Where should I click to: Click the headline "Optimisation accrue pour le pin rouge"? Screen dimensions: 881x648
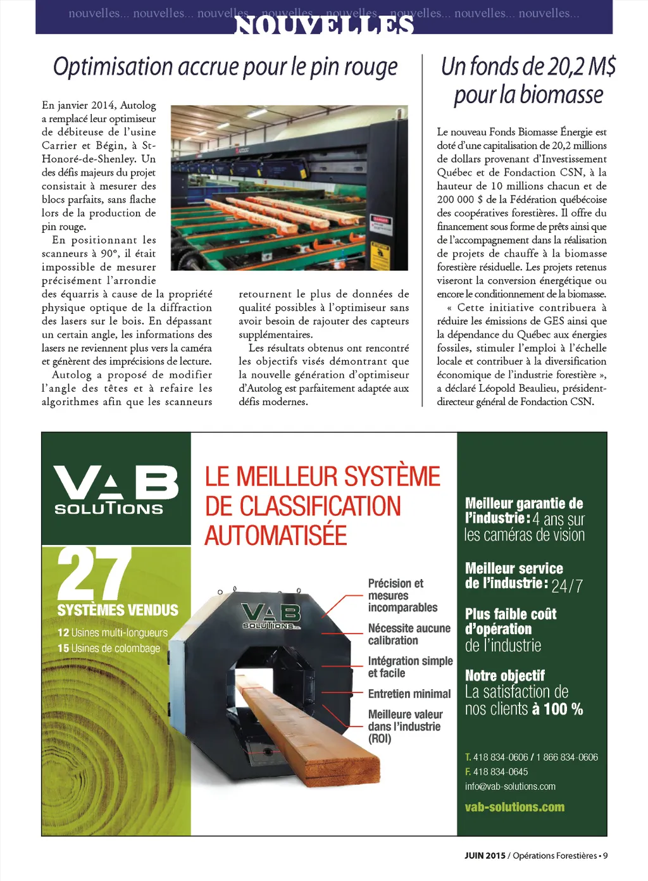(225, 67)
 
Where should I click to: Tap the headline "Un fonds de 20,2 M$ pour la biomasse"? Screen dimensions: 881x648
(528, 80)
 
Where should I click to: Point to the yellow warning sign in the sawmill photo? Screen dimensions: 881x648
(380, 257)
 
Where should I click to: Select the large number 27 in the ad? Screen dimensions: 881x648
(94, 573)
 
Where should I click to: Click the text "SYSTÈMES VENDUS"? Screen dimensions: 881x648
(118, 610)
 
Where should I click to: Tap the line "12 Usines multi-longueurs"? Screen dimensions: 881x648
(113, 632)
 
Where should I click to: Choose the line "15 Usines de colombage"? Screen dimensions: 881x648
(109, 648)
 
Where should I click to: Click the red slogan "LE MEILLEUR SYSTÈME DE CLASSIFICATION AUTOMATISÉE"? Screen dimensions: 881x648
(322, 506)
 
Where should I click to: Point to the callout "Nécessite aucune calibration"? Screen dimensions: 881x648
(409, 634)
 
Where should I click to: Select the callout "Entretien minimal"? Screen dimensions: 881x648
(409, 694)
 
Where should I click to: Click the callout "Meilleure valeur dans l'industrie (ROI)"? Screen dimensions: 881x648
(405, 726)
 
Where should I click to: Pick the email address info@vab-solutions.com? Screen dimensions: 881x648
(510, 786)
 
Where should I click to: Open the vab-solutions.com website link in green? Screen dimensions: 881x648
(514, 807)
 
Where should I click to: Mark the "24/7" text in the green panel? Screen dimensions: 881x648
(567, 585)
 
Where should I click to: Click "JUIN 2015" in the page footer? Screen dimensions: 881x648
(485, 856)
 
